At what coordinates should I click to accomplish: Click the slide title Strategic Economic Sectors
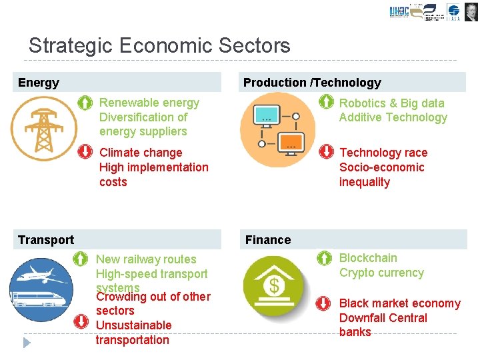click(x=159, y=45)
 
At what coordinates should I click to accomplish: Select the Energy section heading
click(x=39, y=83)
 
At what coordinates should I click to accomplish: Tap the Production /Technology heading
click(x=312, y=83)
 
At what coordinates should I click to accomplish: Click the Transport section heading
click(x=46, y=240)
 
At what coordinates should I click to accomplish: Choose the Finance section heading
click(x=268, y=240)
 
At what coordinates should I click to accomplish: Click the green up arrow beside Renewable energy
click(x=85, y=103)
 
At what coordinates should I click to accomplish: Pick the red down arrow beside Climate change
click(x=85, y=152)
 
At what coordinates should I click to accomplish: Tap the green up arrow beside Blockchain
click(x=324, y=258)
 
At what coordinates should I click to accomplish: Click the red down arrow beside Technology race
click(x=326, y=152)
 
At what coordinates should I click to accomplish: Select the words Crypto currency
click(x=381, y=273)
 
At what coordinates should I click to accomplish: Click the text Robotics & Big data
click(x=391, y=103)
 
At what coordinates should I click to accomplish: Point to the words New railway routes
click(x=146, y=259)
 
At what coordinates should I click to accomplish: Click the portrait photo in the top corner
click(x=471, y=11)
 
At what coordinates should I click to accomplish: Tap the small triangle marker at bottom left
click(x=27, y=343)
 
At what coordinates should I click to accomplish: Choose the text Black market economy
click(x=399, y=303)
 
